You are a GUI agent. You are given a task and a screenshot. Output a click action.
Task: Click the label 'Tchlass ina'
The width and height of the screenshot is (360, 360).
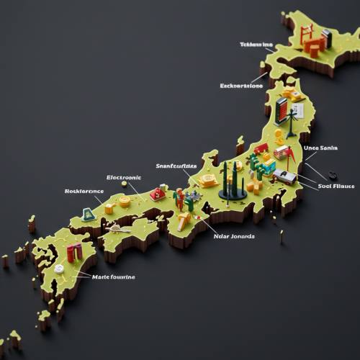tap(256, 45)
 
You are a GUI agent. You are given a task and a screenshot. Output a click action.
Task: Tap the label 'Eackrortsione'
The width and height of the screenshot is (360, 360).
tap(242, 86)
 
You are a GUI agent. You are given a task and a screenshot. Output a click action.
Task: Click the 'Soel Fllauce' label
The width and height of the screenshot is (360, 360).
tap(336, 186)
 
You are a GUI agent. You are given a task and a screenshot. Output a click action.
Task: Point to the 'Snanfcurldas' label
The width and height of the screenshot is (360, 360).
tap(176, 166)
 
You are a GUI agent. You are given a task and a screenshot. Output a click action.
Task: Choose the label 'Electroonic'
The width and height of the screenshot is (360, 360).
tap(124, 177)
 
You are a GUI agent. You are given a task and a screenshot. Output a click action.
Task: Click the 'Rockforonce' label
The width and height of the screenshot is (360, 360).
tap(84, 192)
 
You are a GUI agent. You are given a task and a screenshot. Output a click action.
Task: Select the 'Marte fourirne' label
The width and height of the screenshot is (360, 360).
tap(113, 276)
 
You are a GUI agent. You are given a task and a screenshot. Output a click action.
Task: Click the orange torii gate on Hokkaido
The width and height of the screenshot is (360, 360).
tap(305, 32)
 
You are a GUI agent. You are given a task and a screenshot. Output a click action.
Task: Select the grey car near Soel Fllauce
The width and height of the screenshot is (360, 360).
tap(285, 176)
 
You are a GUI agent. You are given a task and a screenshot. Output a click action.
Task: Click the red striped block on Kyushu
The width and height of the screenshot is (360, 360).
tap(74, 252)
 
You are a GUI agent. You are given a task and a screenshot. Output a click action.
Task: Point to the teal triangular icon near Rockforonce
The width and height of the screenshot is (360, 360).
tap(88, 213)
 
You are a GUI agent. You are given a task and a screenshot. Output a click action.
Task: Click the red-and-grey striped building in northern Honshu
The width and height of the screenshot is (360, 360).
tap(282, 110)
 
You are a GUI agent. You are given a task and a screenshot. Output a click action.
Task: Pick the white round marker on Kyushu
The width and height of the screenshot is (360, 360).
tap(59, 269)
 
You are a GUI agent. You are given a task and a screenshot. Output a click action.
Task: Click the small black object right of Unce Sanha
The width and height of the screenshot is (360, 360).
tap(332, 174)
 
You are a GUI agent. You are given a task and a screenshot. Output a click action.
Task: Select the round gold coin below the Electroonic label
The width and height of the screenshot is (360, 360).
tap(125, 202)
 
